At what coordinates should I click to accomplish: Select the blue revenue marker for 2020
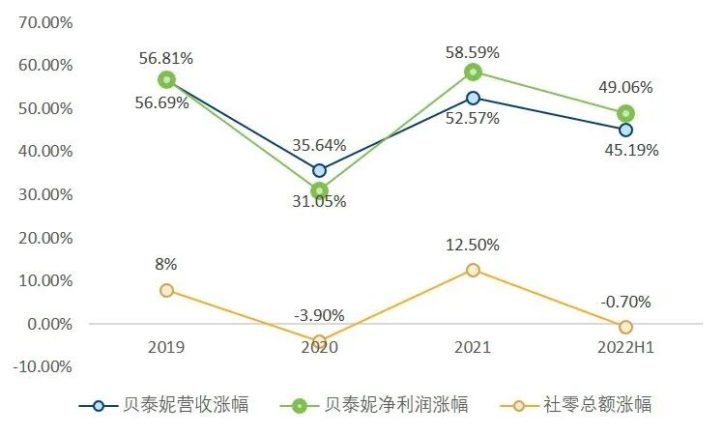320,170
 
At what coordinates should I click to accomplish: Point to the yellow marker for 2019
167,290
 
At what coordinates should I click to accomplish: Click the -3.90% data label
319,315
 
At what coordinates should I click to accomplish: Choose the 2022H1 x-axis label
625,347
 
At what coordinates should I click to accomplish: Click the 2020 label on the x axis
320,347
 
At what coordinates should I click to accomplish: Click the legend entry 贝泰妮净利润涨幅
383,405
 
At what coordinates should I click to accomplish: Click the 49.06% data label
624,87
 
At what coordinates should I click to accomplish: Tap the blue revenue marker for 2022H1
625,130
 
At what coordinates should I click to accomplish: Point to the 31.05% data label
319,201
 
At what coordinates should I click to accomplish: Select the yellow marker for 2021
473,270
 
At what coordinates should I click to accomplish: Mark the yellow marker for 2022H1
625,327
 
